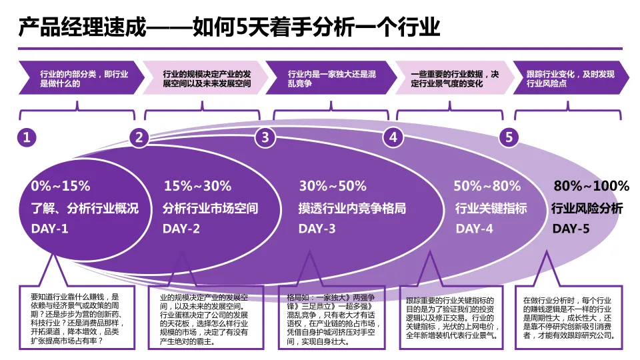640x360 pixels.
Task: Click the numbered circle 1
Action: tap(27, 137)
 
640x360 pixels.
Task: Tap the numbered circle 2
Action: tap(139, 137)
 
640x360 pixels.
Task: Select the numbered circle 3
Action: tap(265, 137)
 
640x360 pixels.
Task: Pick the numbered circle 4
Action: tap(393, 137)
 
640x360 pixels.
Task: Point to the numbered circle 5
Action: tap(509, 137)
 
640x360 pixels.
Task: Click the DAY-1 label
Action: tap(49, 229)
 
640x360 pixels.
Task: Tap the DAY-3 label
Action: tap(317, 229)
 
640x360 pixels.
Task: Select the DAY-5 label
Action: tap(571, 229)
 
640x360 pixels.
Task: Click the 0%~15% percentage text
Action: tap(60, 186)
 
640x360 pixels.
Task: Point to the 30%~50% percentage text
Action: tap(333, 186)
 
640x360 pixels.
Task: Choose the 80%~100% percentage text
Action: tap(592, 186)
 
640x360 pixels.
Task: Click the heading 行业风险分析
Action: tap(587, 209)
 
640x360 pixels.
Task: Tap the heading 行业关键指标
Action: tap(491, 209)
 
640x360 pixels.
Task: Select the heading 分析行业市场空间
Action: tap(210, 209)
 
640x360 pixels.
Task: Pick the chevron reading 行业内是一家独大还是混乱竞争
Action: tap(327, 79)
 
